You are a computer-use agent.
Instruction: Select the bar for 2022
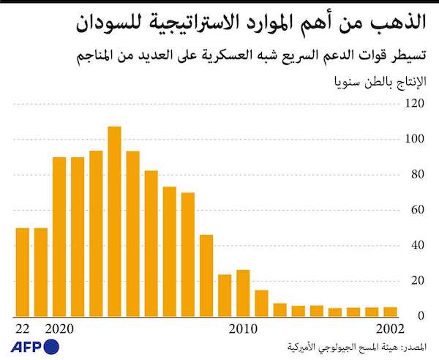click(23, 271)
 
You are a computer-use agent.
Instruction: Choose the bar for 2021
click(41, 271)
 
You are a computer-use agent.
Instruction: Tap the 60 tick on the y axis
click(416, 210)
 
